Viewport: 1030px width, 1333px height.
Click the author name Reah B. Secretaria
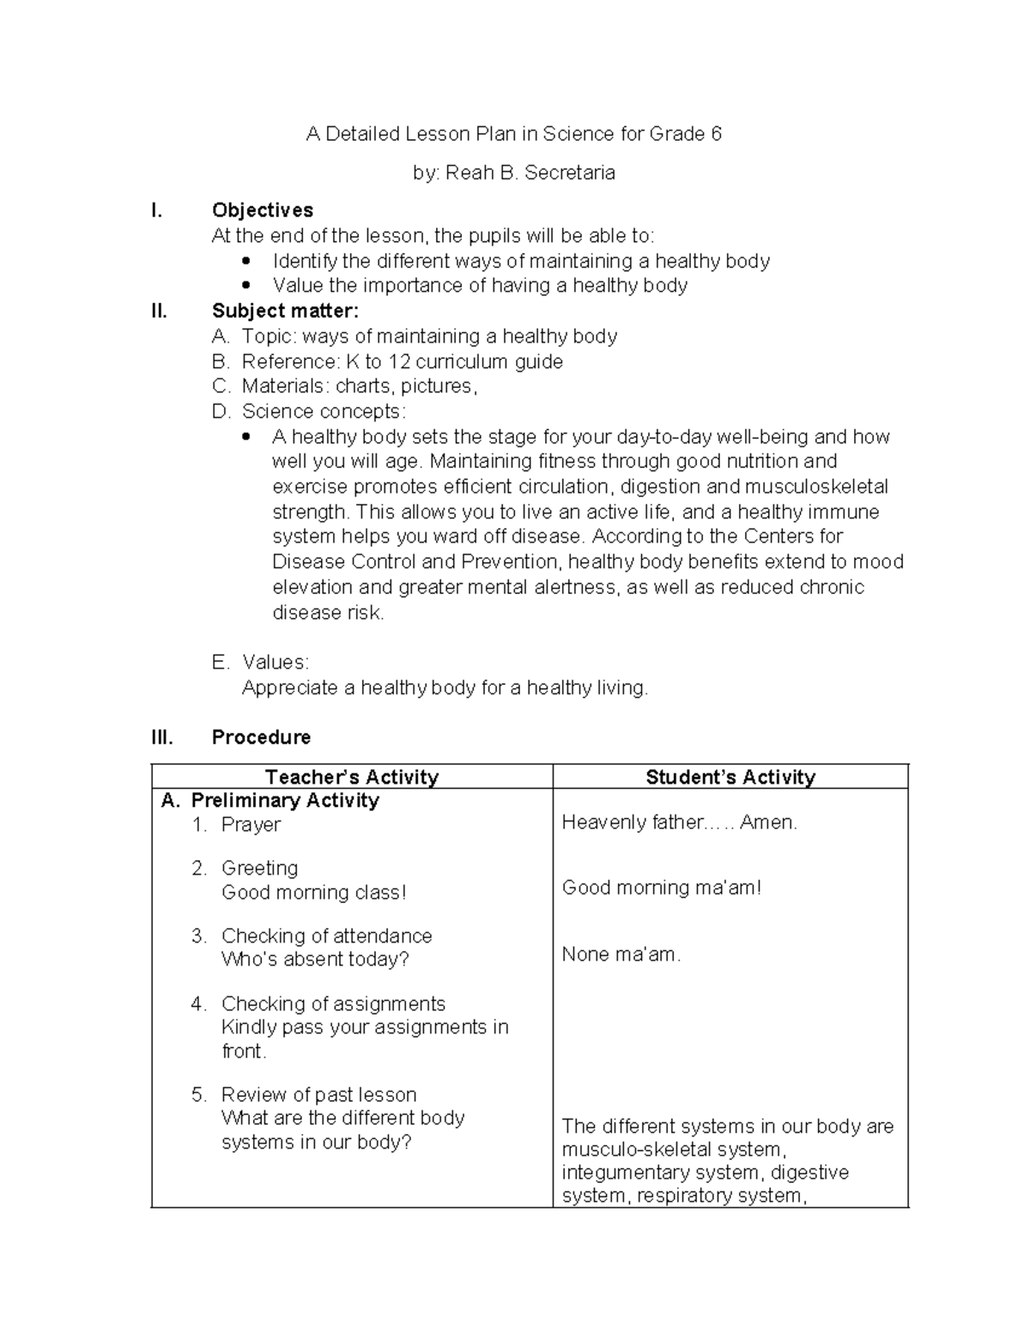click(x=530, y=173)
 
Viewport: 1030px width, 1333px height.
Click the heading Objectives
click(x=262, y=210)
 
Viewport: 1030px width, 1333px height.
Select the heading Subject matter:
click(x=285, y=311)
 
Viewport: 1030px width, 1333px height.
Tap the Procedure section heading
click(x=261, y=737)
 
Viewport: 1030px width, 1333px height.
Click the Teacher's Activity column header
click(x=352, y=777)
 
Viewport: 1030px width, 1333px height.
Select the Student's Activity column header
click(x=730, y=777)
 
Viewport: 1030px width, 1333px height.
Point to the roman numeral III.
click(x=161, y=737)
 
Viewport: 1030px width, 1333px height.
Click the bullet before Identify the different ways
click(x=246, y=261)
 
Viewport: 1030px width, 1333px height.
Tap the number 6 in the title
click(x=715, y=134)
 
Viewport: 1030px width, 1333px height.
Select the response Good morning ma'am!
click(x=661, y=888)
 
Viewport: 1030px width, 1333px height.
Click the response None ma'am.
click(x=621, y=954)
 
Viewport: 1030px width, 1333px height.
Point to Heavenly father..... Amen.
click(x=679, y=822)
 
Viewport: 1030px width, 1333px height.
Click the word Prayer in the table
click(x=251, y=825)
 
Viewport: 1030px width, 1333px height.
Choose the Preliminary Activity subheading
click(x=284, y=801)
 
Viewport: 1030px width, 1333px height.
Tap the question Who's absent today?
click(x=315, y=959)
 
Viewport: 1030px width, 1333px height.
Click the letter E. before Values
click(x=220, y=663)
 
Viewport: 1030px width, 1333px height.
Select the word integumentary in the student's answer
click(x=621, y=1172)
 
